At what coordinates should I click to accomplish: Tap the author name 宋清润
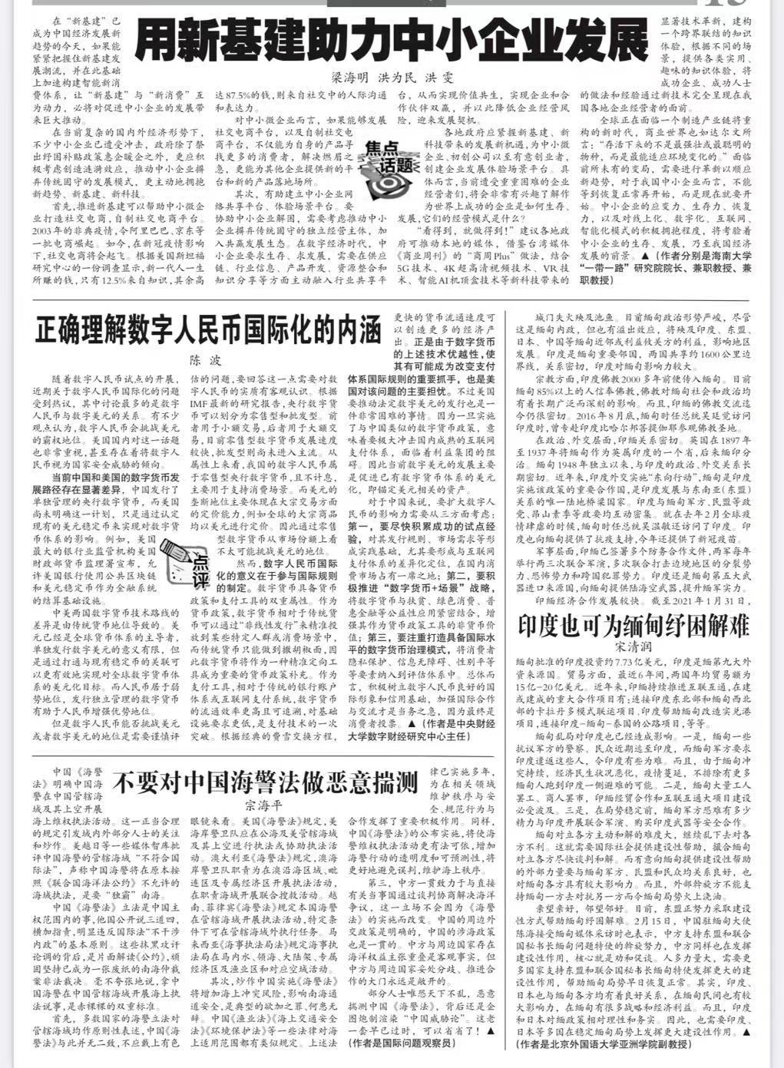pyautogui.click(x=633, y=648)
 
